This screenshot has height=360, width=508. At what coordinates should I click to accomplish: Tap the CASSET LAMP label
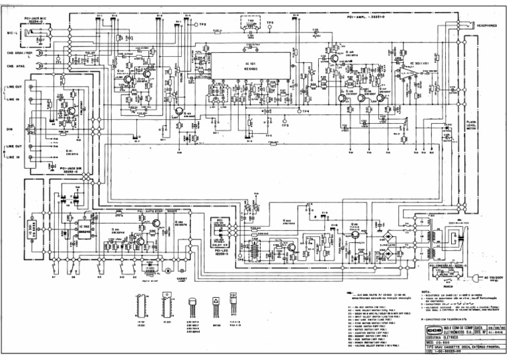[x=182, y=280]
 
